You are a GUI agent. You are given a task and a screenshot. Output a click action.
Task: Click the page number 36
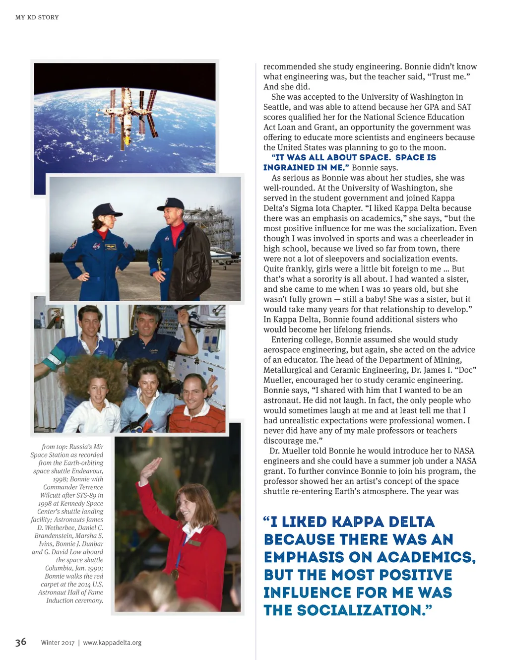pyautogui.click(x=20, y=642)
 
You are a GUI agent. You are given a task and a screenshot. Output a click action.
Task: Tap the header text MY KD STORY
pyautogui.click(x=37, y=17)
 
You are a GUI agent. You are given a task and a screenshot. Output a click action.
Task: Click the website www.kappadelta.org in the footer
pyautogui.click(x=112, y=643)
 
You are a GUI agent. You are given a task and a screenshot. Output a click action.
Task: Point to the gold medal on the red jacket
pyautogui.click(x=175, y=574)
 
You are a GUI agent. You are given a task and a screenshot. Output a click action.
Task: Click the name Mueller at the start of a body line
pyautogui.click(x=278, y=380)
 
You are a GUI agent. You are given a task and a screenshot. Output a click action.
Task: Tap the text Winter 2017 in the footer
pyautogui.click(x=58, y=643)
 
